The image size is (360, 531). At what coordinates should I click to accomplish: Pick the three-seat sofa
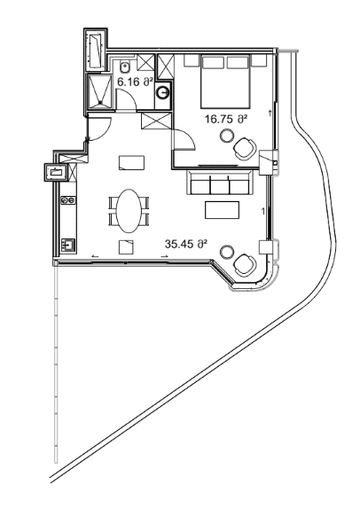click(x=219, y=184)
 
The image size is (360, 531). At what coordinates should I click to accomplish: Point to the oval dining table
click(x=129, y=211)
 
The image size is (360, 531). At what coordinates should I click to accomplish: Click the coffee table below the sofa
click(x=222, y=209)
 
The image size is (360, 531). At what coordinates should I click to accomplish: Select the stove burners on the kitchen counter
click(x=67, y=201)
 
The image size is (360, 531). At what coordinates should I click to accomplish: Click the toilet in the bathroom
click(x=127, y=66)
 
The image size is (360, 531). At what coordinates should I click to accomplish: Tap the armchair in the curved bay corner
click(x=242, y=263)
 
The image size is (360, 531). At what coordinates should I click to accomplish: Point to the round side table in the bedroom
click(x=228, y=137)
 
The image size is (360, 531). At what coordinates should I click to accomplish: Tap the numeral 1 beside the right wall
click(x=263, y=211)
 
